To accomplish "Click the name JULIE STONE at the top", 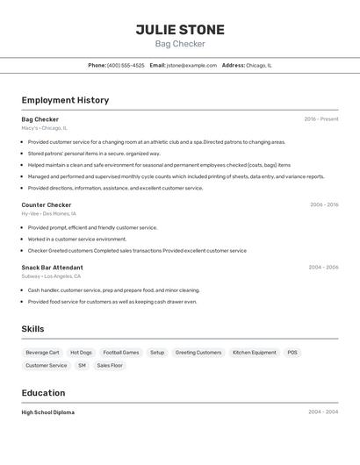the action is [x=180, y=30].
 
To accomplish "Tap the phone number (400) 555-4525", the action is [x=126, y=65].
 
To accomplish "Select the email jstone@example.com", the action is [x=191, y=65].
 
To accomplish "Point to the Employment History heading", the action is [x=65, y=100].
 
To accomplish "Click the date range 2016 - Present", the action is [x=320, y=119].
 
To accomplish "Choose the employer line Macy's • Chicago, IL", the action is [x=44, y=128].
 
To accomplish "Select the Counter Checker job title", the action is [x=47, y=205].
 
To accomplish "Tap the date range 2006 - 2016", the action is [x=323, y=205].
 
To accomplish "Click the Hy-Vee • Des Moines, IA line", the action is [x=48, y=214].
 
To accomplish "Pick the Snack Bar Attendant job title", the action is [x=53, y=268].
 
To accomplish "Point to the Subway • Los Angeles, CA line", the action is [x=51, y=276].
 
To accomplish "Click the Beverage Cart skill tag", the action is [x=42, y=353].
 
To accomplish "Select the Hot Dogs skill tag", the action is [x=81, y=353].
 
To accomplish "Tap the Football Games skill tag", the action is [x=121, y=353].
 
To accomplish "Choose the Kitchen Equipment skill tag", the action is [x=256, y=353].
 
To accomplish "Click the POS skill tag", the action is [x=292, y=353].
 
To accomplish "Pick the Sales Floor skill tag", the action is [x=110, y=365].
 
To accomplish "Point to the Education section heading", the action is [x=43, y=393].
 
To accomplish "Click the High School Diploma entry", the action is [x=47, y=412].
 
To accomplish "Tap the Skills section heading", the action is [x=32, y=329].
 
